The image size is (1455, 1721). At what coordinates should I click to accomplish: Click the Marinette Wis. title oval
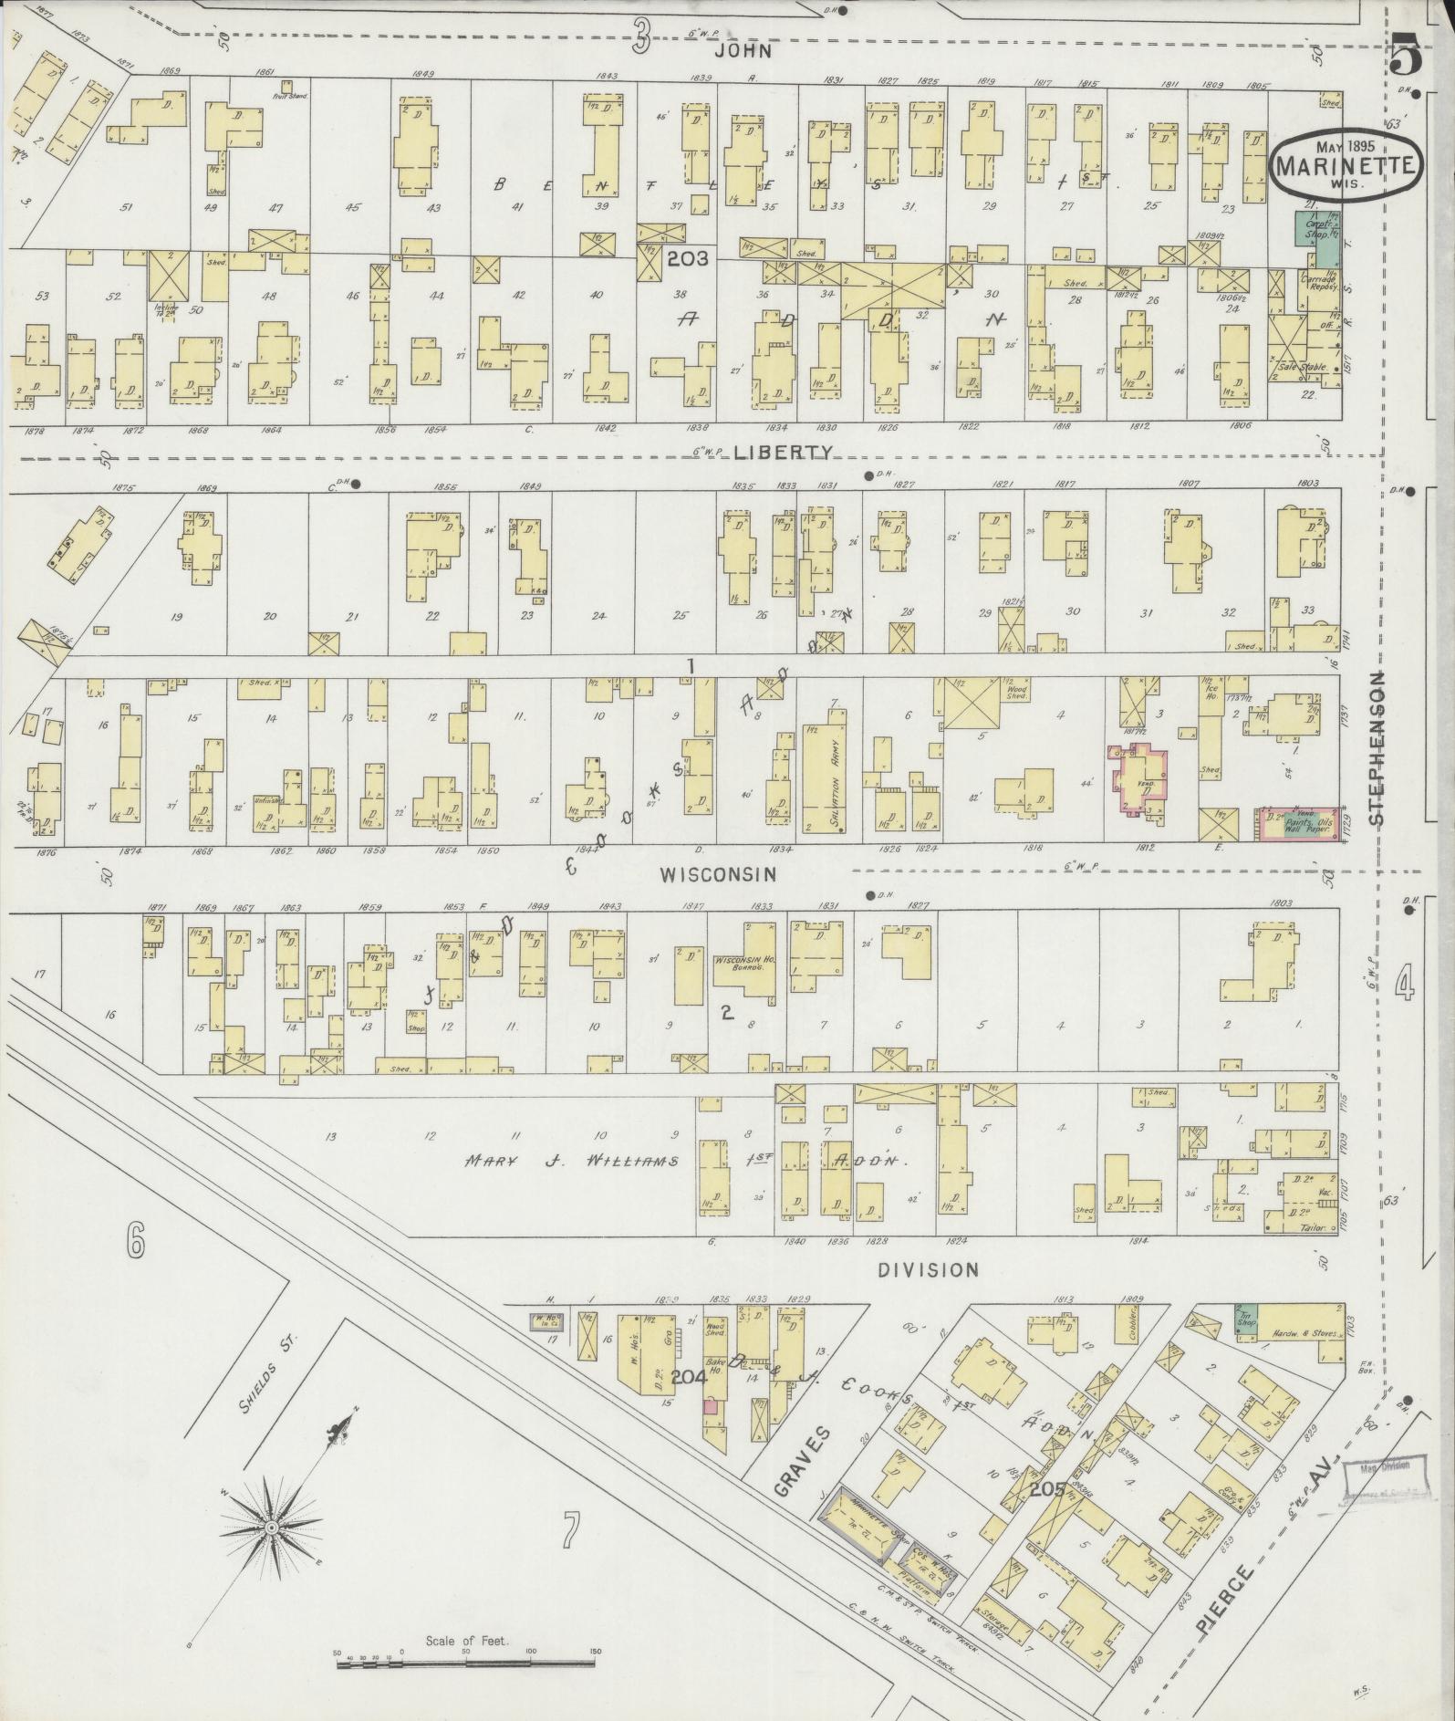[1345, 164]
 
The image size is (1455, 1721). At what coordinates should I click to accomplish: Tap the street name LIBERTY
[784, 452]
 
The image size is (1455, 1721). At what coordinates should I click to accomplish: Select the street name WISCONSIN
[718, 873]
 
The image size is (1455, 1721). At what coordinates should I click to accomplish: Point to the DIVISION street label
[928, 1269]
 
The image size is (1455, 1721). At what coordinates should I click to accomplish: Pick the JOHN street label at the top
[743, 52]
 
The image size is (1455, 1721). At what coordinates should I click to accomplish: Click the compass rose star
[271, 1528]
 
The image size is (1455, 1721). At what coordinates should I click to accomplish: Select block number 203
[687, 259]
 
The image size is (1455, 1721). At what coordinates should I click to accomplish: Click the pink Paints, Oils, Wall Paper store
[1299, 823]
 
